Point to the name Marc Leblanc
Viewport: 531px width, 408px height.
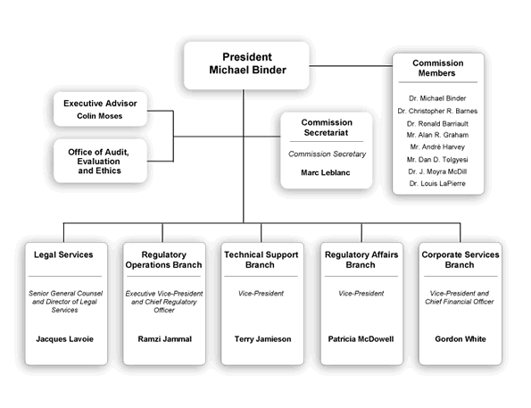tap(327, 172)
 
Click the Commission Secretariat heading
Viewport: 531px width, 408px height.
tap(327, 128)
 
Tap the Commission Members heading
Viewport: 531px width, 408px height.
tap(437, 69)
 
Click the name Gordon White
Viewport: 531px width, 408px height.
tap(461, 340)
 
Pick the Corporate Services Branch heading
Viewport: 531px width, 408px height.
tap(461, 260)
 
